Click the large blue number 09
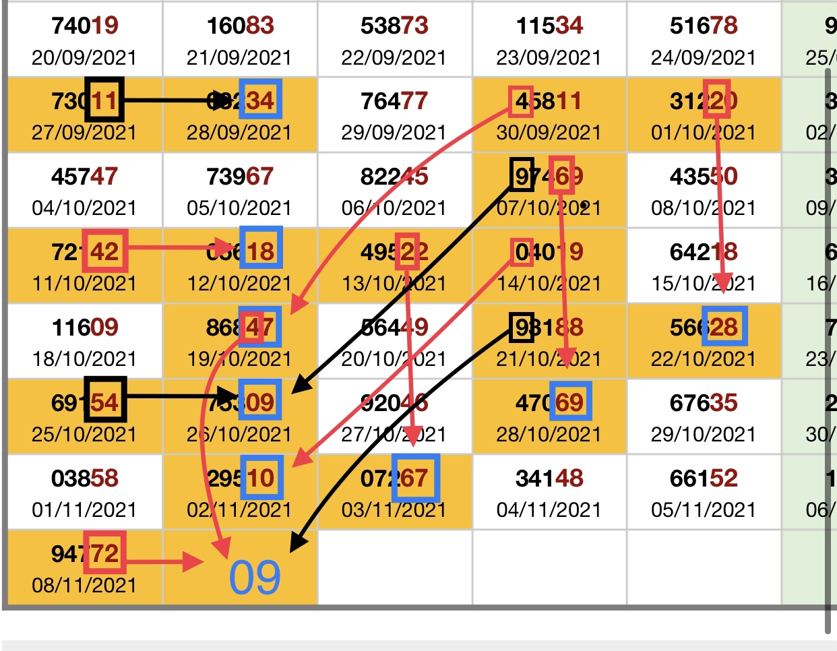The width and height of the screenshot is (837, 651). point(254,578)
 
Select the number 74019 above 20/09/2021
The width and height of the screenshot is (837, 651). point(84,26)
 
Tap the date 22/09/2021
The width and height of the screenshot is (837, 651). point(394,58)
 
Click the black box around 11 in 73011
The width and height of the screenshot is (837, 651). point(104,101)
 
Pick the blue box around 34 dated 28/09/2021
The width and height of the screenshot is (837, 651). point(260,101)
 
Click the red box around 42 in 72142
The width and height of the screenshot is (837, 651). point(104,252)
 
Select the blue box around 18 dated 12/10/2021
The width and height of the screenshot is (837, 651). point(261,251)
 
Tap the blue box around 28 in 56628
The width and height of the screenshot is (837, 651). point(724,328)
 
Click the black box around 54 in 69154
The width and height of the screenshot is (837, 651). point(104,402)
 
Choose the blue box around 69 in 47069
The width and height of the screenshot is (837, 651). point(570,402)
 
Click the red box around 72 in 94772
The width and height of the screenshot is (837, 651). point(104,553)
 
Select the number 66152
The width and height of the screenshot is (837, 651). point(704,478)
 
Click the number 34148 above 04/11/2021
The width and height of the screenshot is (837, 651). point(549,478)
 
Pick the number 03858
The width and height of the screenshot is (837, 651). point(84,478)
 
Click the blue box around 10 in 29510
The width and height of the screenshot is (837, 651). point(261,478)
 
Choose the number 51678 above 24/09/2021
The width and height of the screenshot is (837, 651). point(704,26)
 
